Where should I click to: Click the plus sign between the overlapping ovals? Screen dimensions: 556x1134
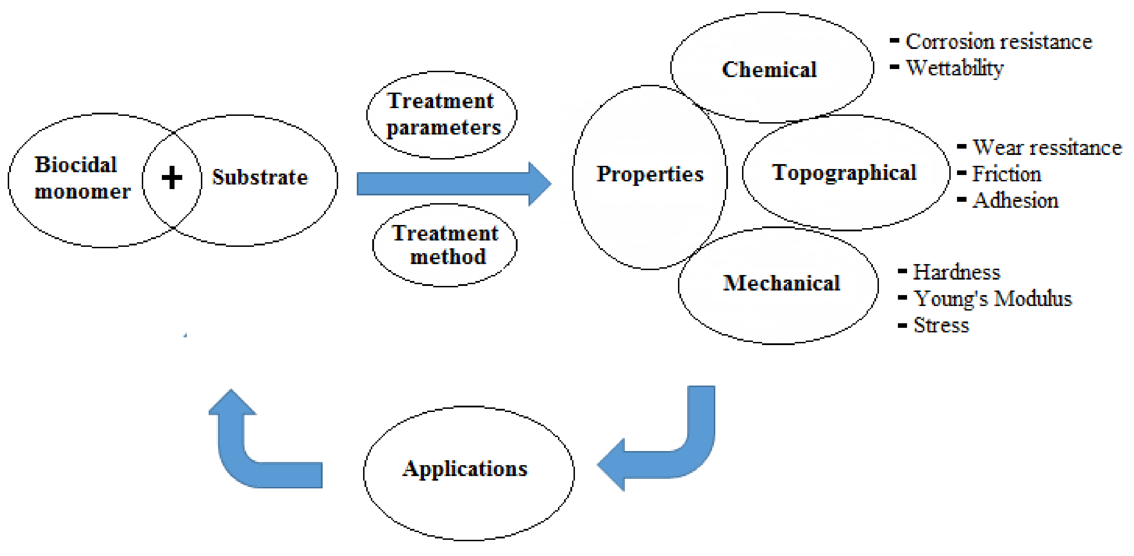(172, 178)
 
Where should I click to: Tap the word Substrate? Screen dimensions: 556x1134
(260, 177)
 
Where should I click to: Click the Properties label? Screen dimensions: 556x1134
(650, 174)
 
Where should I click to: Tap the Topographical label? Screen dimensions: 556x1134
(844, 173)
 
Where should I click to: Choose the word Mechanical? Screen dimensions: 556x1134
(781, 283)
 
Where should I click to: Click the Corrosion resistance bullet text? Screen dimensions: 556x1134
(999, 42)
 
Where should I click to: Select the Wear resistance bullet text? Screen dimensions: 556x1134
(1047, 148)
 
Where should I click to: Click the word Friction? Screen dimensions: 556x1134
(1006, 174)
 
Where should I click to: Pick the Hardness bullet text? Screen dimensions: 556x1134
(956, 272)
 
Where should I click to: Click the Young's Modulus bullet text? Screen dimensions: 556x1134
(992, 299)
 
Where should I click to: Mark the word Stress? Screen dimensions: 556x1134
(941, 325)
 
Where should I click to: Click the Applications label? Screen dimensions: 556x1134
(465, 469)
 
